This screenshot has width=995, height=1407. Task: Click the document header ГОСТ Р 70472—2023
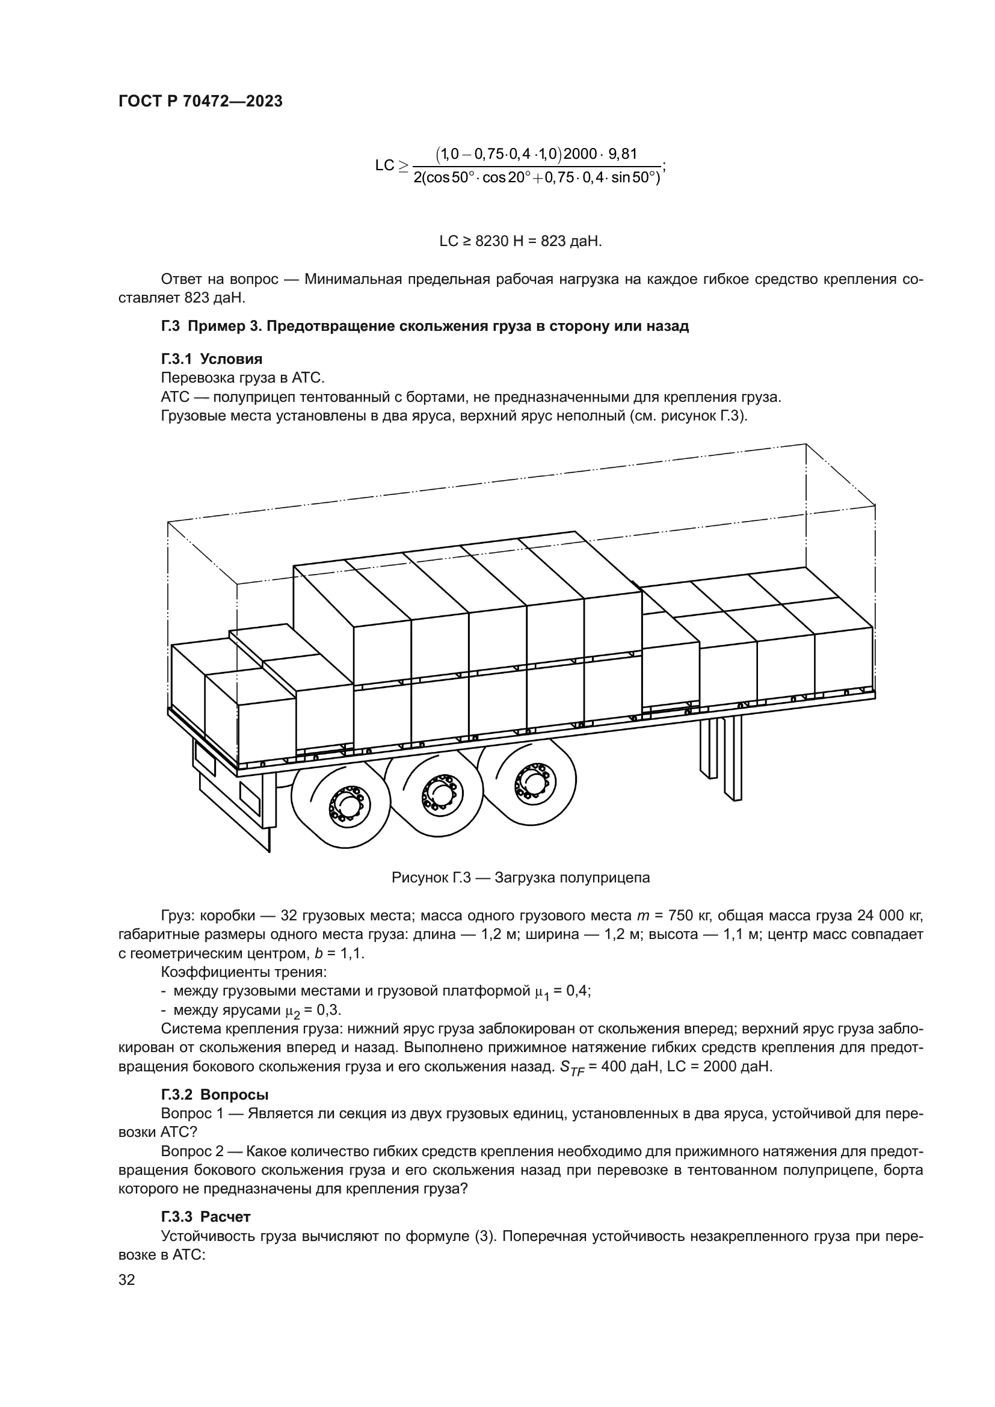tap(200, 102)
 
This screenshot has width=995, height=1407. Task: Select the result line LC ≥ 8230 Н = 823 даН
tap(520, 241)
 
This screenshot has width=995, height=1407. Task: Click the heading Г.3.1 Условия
tap(211, 359)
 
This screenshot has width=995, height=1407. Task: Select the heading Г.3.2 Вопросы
tap(214, 1094)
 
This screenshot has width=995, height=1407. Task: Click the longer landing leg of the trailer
tap(733, 757)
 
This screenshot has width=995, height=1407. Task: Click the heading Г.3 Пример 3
tap(424, 326)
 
